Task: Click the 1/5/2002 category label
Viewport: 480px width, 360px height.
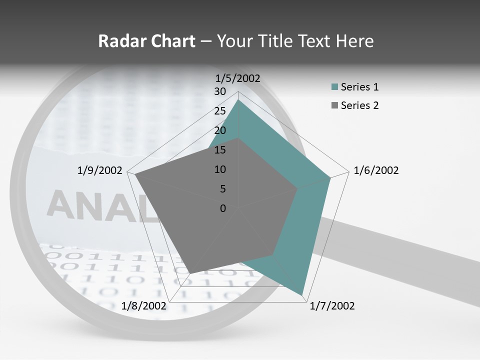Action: pos(237,78)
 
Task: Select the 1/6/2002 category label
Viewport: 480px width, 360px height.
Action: pos(376,170)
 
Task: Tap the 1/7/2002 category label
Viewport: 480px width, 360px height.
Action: pos(332,306)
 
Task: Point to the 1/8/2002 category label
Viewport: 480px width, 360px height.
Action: pos(143,306)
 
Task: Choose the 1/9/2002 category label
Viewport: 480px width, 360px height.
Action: pos(99,170)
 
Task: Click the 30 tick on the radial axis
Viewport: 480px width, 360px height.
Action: pos(220,91)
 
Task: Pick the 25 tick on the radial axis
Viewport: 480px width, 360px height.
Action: pos(220,111)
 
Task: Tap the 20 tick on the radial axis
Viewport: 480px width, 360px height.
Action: pos(220,130)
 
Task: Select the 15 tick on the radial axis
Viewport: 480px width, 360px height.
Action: pos(220,150)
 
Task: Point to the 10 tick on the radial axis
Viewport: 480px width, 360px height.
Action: pos(220,169)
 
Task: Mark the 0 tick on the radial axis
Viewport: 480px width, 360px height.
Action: pos(223,208)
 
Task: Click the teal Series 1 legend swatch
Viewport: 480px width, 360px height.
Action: pos(334,87)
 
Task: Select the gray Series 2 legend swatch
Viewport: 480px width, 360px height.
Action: pos(334,105)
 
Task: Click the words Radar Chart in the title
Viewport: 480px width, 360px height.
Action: pos(146,41)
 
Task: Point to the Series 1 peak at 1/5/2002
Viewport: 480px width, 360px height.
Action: pos(238,100)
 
